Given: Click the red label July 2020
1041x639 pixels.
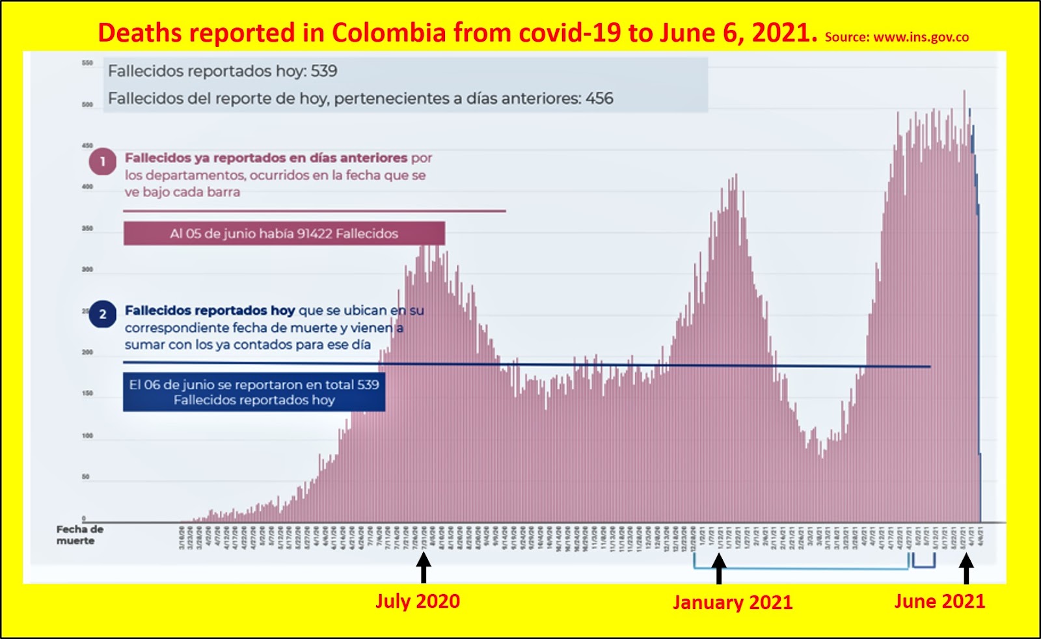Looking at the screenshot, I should click(x=417, y=601).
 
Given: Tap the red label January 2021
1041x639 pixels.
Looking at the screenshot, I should click(x=733, y=602).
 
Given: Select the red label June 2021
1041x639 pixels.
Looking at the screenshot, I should click(x=940, y=601).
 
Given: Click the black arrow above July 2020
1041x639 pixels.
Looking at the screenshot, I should click(x=424, y=567).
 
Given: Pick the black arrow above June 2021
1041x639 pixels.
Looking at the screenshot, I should click(x=967, y=568).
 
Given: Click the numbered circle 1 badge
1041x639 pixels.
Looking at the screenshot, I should click(x=102, y=162).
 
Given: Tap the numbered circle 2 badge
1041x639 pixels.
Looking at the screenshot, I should click(x=102, y=314).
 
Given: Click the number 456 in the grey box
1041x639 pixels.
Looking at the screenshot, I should click(x=599, y=98).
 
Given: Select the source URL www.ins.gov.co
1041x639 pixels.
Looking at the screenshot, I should click(x=921, y=37).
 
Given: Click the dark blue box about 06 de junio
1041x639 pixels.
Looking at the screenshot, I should click(x=254, y=392).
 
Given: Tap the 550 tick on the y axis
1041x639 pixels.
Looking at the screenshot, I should click(x=87, y=63).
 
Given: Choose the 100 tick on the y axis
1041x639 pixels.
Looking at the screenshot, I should click(x=87, y=435).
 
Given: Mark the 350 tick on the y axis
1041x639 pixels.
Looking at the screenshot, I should click(x=87, y=228).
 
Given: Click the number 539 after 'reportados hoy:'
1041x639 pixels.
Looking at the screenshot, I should click(x=323, y=71).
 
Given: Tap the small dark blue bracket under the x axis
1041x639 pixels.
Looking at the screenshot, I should click(x=923, y=564).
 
